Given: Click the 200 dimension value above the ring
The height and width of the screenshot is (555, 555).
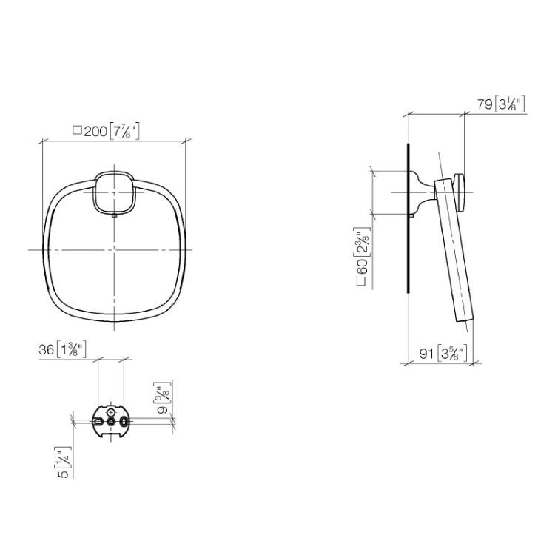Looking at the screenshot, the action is pos(95,132).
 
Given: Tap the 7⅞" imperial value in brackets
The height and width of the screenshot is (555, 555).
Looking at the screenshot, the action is pos(124,131).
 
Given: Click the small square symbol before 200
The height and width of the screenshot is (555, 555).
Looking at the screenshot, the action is pos(77,130).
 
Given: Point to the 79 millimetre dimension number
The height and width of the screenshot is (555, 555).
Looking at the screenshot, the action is pos(485,104).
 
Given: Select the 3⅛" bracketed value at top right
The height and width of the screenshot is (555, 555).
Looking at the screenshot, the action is pos(509,104).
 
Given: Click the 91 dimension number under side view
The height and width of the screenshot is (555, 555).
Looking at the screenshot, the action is pos(426,353).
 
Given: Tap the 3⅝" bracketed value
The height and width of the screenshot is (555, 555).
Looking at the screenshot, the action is pos(452,353).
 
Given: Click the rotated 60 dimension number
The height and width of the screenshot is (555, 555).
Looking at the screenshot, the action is pos(362,266).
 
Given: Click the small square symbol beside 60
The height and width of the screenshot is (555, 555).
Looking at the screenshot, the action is pos(361,281).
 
